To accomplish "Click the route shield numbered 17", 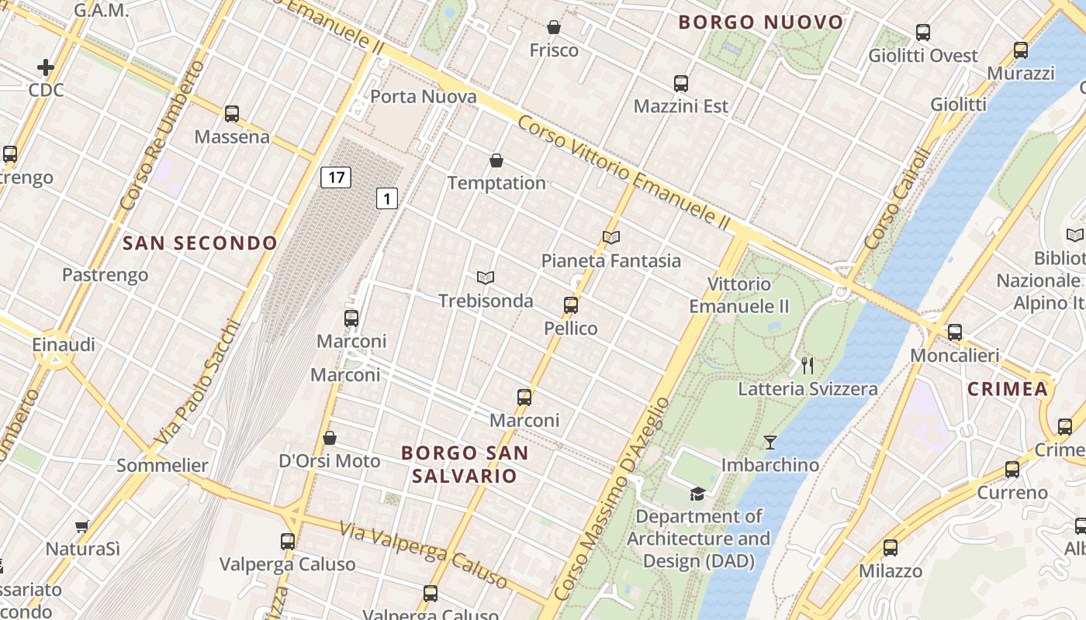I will [x=335, y=177].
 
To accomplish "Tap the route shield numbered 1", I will [x=387, y=198].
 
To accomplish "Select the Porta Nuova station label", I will [x=424, y=97].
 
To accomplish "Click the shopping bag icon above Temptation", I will [x=496, y=160].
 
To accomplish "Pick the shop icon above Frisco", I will [x=554, y=27].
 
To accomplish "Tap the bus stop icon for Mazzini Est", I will [x=680, y=83].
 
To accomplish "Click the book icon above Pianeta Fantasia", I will [x=611, y=237].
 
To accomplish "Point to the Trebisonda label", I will [x=486, y=301].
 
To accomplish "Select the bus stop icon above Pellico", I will [x=571, y=305].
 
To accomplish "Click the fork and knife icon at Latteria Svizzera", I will [x=808, y=365].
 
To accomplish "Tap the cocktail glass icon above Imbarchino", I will [x=770, y=442].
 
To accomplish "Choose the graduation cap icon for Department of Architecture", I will [x=698, y=494].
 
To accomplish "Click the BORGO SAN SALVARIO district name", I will [x=465, y=464].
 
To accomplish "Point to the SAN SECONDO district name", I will [x=200, y=243].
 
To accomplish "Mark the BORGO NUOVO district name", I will [x=760, y=22].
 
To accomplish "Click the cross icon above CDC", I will [x=46, y=67].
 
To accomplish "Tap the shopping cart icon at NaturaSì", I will [x=82, y=526].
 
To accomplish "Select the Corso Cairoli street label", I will [x=896, y=200].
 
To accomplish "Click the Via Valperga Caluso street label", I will [x=425, y=552].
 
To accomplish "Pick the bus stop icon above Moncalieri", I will [x=954, y=332].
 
